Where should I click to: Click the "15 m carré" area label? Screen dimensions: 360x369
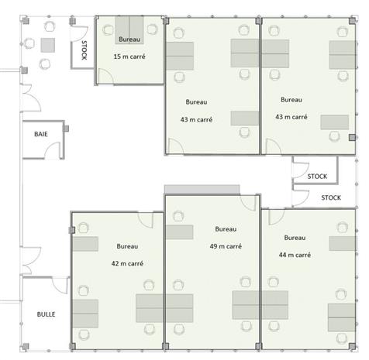click(129, 58)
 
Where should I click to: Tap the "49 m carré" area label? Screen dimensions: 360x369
click(225, 246)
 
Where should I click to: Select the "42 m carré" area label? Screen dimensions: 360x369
click(127, 263)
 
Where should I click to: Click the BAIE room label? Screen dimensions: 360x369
click(41, 135)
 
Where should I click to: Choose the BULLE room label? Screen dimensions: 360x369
click(46, 315)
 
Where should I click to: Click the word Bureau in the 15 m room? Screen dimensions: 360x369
click(129, 39)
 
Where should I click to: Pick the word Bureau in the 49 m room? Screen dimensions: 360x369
click(226, 229)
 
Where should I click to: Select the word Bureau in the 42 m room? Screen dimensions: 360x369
click(127, 246)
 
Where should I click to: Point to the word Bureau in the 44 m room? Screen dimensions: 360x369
click(295, 237)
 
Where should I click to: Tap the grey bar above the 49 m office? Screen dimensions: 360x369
click(202, 190)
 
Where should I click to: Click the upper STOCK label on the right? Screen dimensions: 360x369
click(317, 177)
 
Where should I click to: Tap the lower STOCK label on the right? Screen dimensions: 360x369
click(331, 197)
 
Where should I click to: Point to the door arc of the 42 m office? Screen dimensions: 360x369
click(80, 225)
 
